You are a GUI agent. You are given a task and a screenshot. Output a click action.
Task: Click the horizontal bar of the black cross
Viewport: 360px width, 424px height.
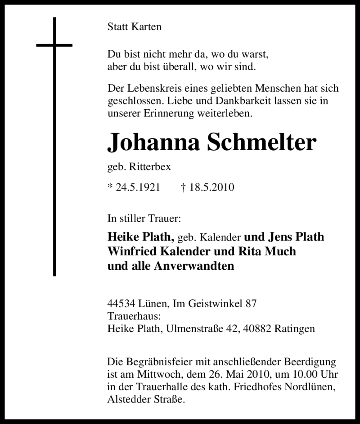point(54,45)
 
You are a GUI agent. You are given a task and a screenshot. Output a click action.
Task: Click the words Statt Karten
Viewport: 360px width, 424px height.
point(134,27)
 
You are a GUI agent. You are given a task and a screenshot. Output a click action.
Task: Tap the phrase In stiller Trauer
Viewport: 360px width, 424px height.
point(144,219)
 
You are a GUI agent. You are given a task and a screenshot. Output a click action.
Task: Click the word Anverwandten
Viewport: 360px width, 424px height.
point(194,265)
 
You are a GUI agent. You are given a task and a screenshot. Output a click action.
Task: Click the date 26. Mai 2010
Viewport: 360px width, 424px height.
point(238,374)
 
